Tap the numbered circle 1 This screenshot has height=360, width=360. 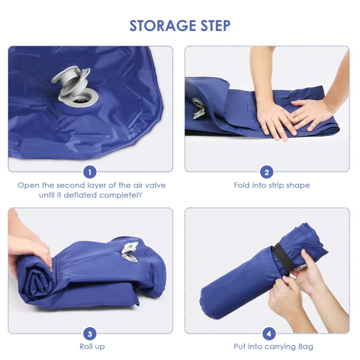click(x=90, y=172)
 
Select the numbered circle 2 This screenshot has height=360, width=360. click(x=266, y=172)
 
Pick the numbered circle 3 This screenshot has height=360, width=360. click(x=90, y=334)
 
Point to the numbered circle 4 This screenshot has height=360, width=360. click(x=269, y=334)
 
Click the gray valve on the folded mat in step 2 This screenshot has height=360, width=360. click(x=198, y=108)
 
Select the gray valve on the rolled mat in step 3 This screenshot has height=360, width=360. click(x=130, y=252)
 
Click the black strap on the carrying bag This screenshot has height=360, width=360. click(x=283, y=257)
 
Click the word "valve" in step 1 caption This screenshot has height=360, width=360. click(x=156, y=185)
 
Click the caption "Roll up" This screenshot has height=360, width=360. click(x=92, y=346)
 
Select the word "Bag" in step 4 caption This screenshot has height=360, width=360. click(x=306, y=346)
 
